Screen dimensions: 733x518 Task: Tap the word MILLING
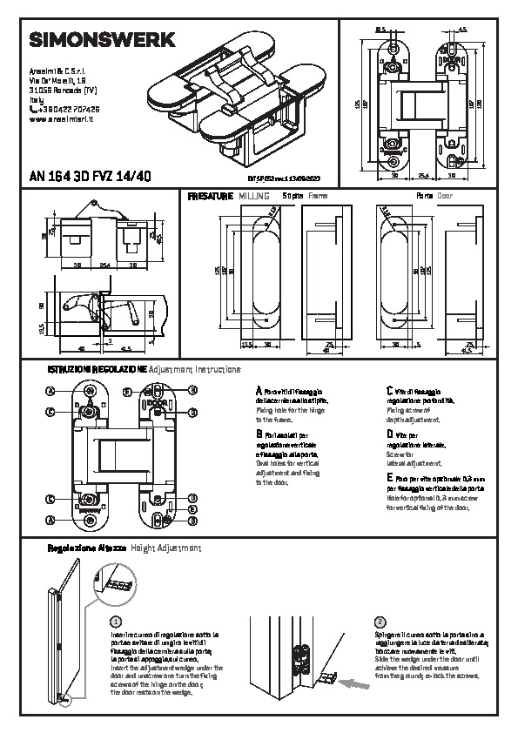tap(254, 198)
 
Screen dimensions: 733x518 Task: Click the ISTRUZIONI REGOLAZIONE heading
tap(97, 370)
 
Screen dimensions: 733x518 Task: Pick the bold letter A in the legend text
tap(259, 392)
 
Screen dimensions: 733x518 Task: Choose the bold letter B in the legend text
tap(259, 433)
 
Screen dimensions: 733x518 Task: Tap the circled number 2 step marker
tap(379, 622)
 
